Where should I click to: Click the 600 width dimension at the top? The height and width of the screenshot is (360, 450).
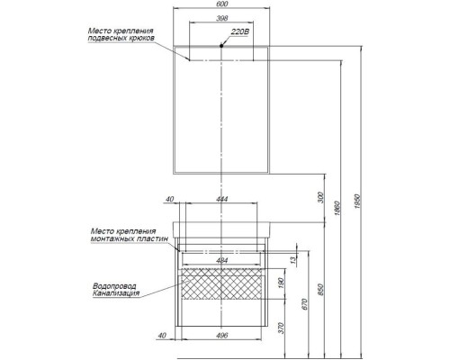[221, 4]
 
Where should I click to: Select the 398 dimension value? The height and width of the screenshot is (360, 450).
[221, 18]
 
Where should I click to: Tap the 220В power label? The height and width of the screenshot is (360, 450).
[240, 32]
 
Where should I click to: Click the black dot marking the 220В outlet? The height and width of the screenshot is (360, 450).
[221, 46]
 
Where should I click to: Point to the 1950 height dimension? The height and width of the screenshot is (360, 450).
[357, 202]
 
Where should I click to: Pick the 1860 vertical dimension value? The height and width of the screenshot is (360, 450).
[337, 209]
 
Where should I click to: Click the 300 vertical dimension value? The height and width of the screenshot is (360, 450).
[320, 197]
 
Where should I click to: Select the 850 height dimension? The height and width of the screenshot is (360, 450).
[320, 290]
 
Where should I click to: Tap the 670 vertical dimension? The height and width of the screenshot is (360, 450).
[305, 304]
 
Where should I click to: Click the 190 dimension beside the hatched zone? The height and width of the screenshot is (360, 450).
[281, 283]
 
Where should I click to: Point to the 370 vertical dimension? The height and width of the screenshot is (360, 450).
[281, 328]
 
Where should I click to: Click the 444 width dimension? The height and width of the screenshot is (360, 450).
[221, 199]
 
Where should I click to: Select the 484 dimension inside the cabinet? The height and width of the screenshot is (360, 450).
[221, 260]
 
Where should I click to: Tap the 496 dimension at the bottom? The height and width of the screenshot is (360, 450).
[221, 335]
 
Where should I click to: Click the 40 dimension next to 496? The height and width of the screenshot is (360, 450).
[162, 336]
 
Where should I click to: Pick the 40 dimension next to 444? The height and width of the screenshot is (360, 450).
[170, 199]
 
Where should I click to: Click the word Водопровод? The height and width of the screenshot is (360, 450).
[114, 286]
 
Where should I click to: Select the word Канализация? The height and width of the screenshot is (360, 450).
[116, 293]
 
